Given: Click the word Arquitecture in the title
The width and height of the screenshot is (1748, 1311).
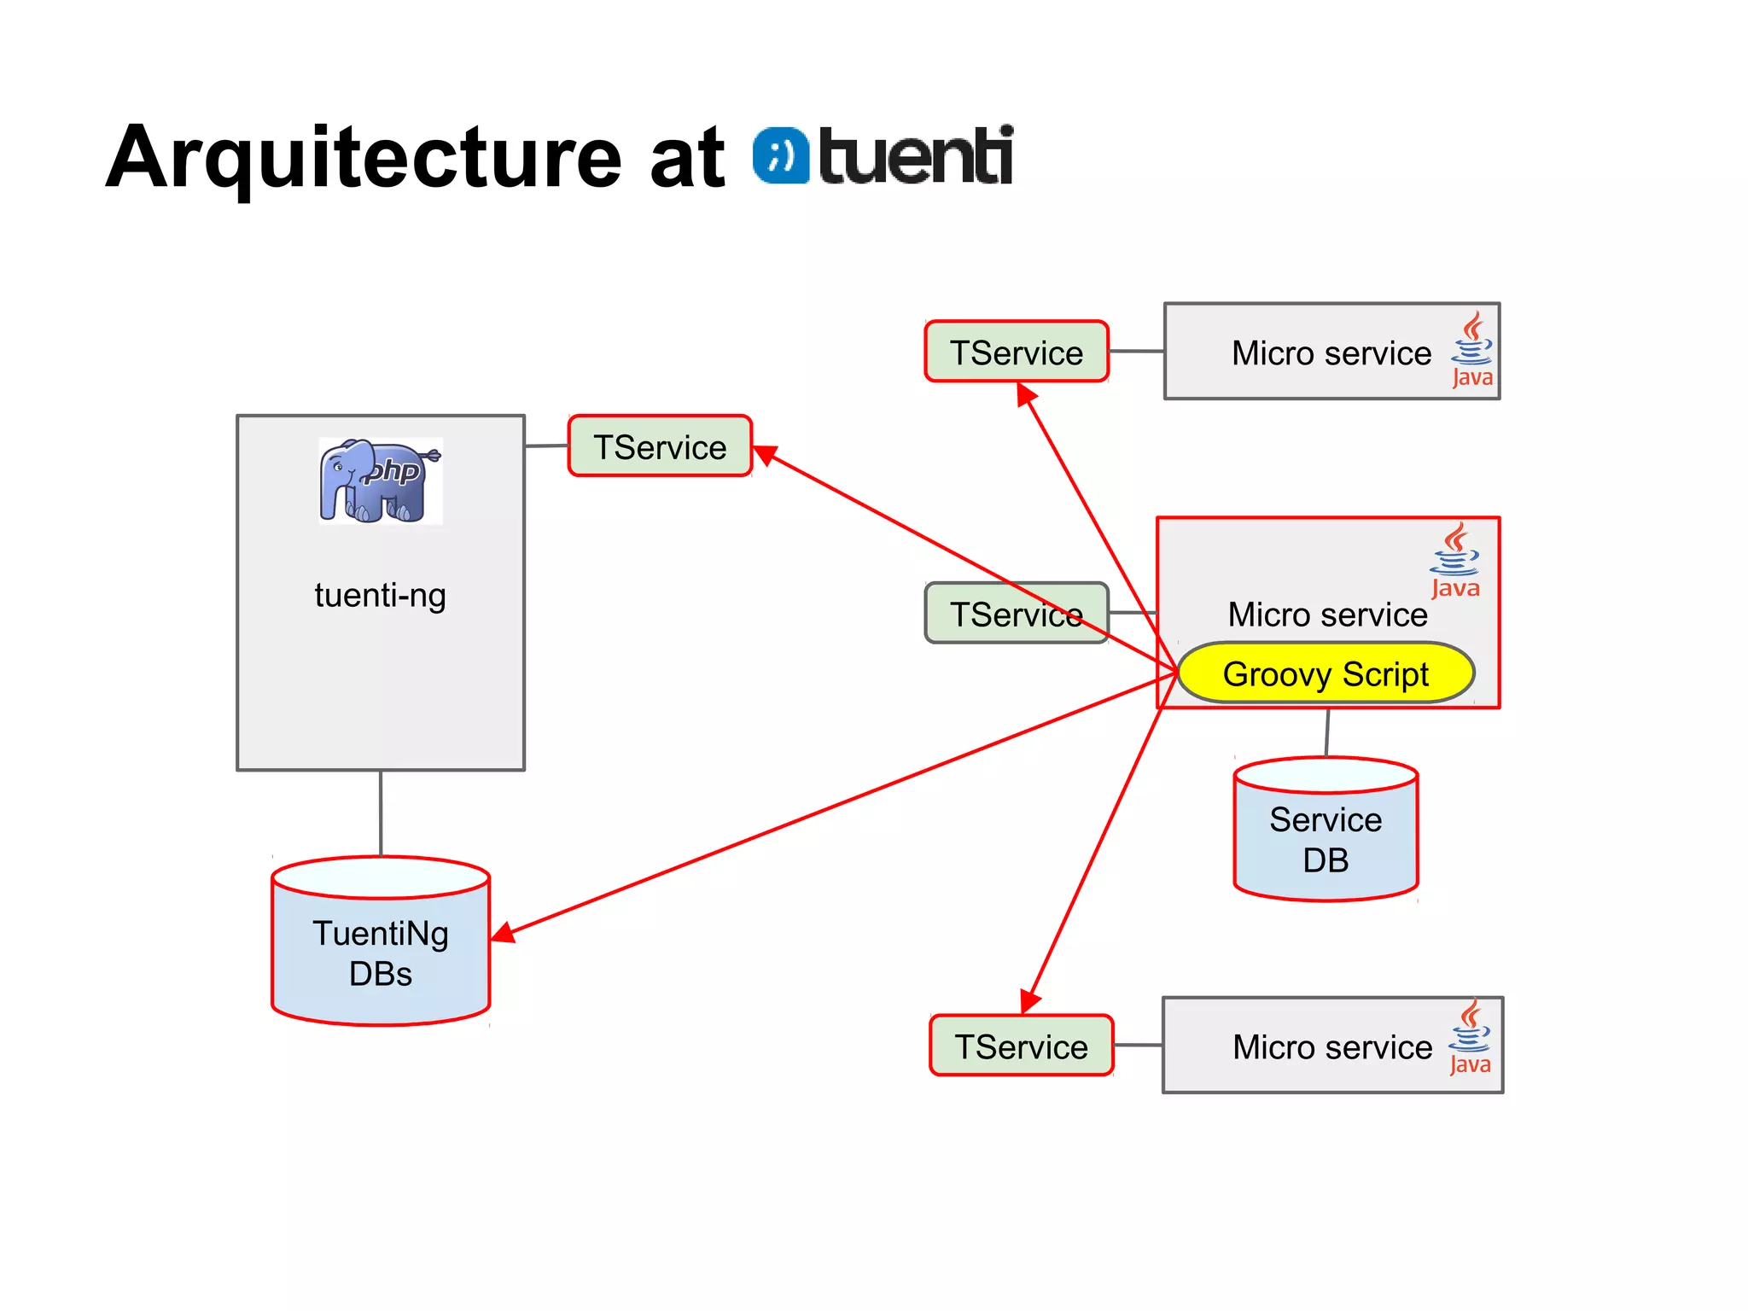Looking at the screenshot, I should pyautogui.click(x=363, y=158).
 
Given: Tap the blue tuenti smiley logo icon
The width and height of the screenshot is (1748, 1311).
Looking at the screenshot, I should pyautogui.click(x=780, y=156).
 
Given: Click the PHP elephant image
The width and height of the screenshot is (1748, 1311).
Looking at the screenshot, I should pyautogui.click(x=380, y=481).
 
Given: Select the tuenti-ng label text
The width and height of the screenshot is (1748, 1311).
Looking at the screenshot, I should pyautogui.click(x=380, y=595).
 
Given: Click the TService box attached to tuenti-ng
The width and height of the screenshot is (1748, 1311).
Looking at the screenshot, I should pyautogui.click(x=660, y=446).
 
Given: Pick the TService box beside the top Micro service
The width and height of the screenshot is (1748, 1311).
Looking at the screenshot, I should pyautogui.click(x=1016, y=352).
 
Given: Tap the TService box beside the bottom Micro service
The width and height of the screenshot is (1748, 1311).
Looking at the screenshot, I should pyautogui.click(x=1021, y=1046).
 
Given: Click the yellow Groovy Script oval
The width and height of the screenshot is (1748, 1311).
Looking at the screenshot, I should pyautogui.click(x=1325, y=673).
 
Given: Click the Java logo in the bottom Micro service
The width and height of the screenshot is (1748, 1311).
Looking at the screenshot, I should pyautogui.click(x=1470, y=1038).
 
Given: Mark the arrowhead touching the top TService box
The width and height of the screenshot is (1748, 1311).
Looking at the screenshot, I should pyautogui.click(x=1025, y=394).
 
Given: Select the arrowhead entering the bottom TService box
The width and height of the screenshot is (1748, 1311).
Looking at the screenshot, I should pyautogui.click(x=1031, y=1001).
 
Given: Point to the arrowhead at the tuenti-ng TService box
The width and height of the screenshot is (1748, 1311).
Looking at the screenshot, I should pyautogui.click(x=765, y=455).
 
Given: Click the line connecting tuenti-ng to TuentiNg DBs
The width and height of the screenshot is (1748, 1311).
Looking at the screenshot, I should pyautogui.click(x=381, y=813).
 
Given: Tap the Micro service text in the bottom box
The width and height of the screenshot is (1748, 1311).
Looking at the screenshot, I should pyautogui.click(x=1331, y=1046).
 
